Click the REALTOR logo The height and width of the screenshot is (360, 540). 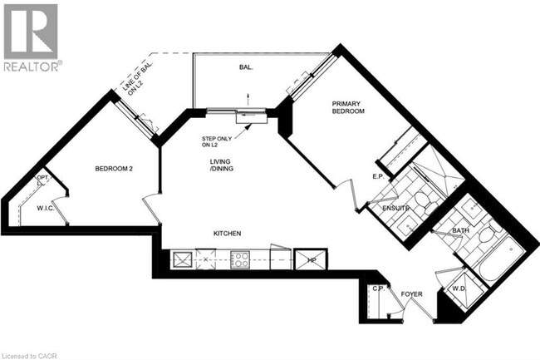tap(31, 37)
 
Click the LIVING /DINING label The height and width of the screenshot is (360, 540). tap(222, 166)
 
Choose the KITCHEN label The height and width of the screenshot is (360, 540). tap(227, 234)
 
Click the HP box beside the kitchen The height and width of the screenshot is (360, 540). tap(312, 260)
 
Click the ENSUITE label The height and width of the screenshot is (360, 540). tap(395, 208)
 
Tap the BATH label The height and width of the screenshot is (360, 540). tap(461, 230)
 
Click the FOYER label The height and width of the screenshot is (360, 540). tap(412, 293)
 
